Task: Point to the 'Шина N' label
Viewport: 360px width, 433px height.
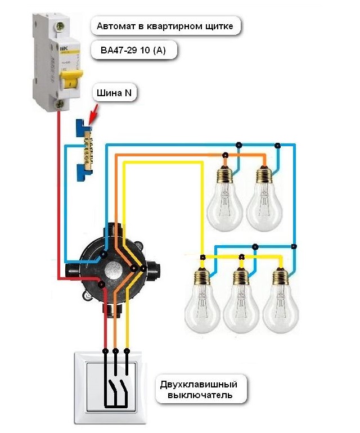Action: tap(115, 92)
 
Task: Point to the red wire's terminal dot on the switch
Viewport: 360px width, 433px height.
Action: tap(105, 351)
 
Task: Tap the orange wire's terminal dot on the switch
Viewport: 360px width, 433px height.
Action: tap(116, 351)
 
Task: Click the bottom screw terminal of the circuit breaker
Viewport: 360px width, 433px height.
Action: tap(60, 103)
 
